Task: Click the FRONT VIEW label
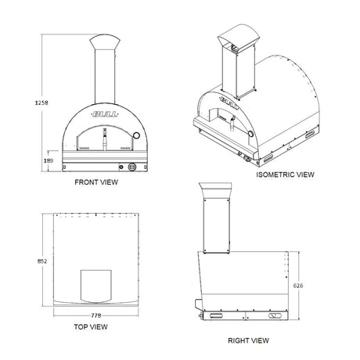point(95,182)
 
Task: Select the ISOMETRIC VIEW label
point(285,175)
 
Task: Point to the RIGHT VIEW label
point(248,340)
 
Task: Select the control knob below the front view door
point(131,166)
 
